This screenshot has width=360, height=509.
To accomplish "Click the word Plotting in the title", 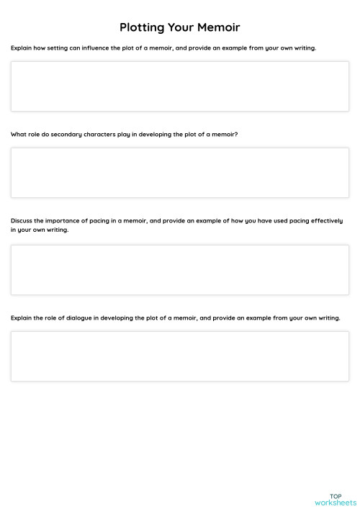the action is (x=143, y=27).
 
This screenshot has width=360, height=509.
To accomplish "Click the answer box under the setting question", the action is (x=180, y=86).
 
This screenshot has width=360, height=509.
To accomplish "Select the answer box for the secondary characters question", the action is (x=180, y=173).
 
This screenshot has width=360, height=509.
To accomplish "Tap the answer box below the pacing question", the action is (x=180, y=270).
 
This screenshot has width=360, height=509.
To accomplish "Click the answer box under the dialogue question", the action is (x=180, y=356).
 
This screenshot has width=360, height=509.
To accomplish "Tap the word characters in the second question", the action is (x=99, y=135).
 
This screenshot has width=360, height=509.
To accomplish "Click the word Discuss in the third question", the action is (x=21, y=221).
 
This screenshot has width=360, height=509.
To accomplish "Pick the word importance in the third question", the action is (x=61, y=221).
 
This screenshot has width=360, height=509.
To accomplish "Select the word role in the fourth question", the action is (x=51, y=317).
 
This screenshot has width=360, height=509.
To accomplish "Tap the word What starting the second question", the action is (x=18, y=135).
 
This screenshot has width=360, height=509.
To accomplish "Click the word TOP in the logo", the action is (x=336, y=495).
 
